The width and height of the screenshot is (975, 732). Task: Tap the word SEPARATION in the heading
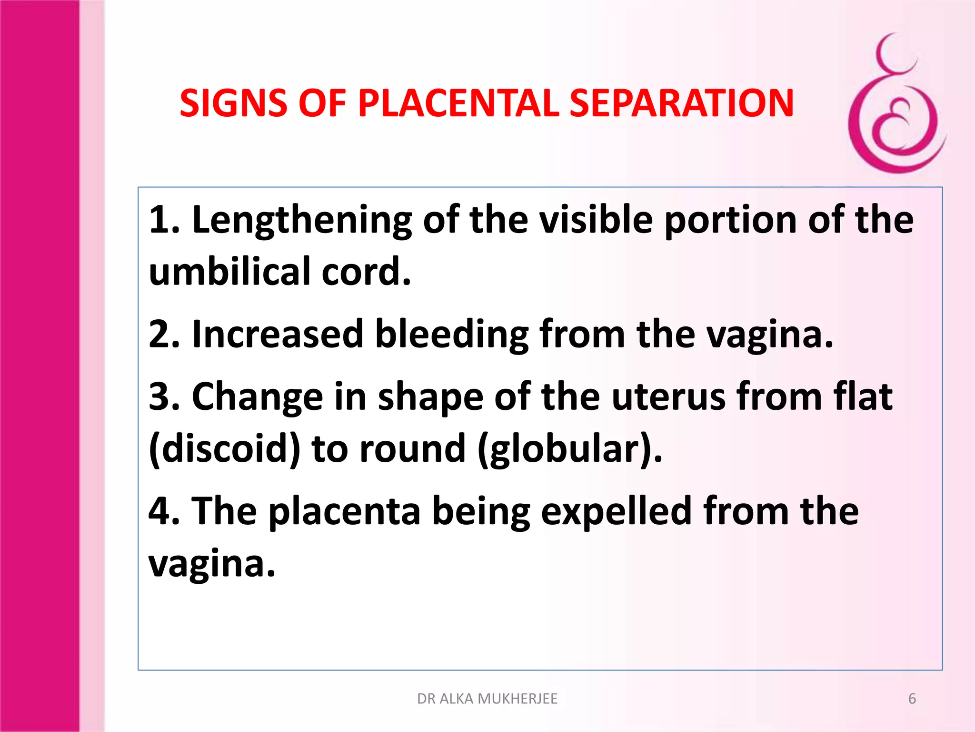681,103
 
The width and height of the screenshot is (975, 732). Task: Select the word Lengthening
301,220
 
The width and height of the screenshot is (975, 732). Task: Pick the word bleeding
451,335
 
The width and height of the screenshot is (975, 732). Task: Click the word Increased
278,335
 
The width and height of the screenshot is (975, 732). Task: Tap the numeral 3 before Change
159,396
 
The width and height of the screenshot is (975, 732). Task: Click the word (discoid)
224,449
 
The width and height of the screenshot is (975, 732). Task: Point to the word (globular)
569,449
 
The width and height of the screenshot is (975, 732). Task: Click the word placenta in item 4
344,511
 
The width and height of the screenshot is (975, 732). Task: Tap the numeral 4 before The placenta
159,511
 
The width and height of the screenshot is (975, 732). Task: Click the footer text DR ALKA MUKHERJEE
487,699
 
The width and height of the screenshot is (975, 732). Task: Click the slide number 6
912,699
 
